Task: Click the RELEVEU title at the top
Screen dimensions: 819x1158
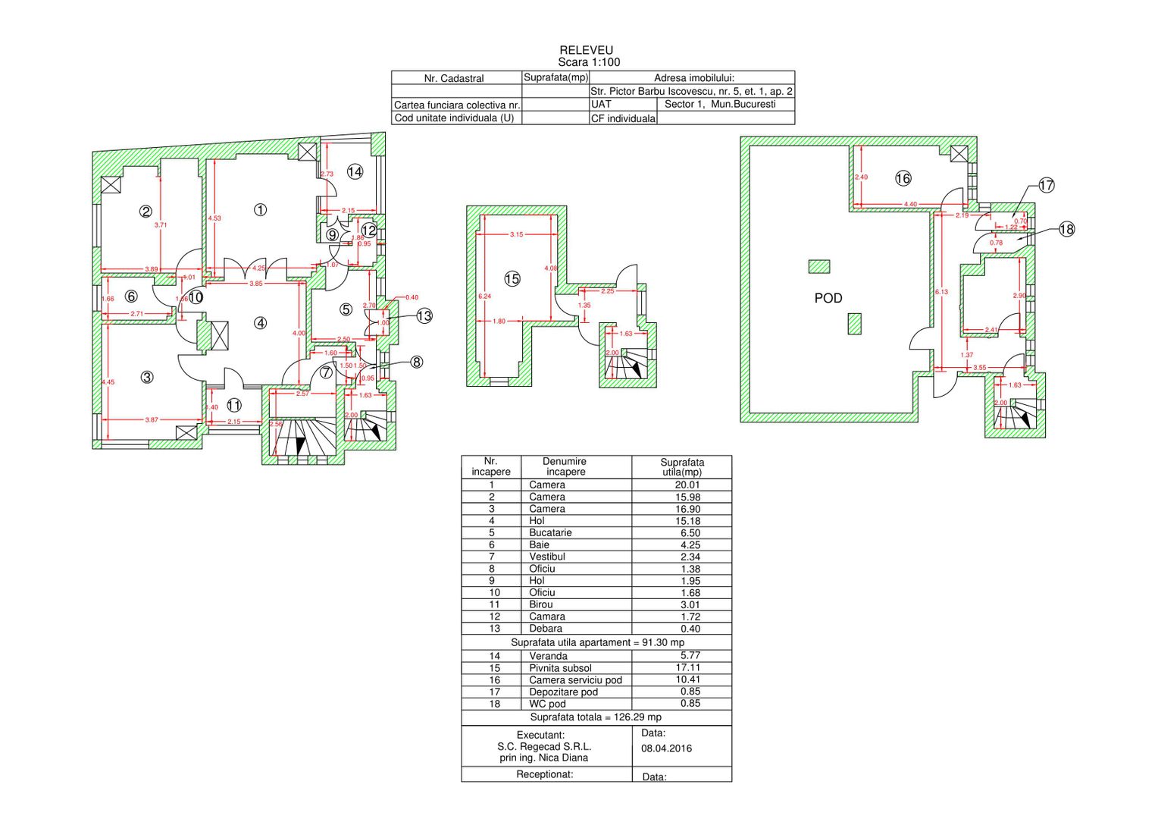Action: tap(586, 50)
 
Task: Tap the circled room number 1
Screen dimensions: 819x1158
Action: tap(260, 209)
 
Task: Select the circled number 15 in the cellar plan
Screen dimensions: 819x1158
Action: tap(512, 279)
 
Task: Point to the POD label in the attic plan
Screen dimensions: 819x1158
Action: tap(828, 298)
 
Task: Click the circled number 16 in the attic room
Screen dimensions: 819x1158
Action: tap(903, 178)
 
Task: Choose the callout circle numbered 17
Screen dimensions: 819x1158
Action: tap(1046, 185)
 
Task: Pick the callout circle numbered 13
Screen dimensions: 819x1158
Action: tap(424, 315)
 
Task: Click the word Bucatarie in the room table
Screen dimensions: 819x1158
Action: tap(550, 532)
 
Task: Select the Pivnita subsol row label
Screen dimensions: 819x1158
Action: tap(560, 668)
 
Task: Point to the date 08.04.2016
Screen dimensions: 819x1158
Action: tap(666, 748)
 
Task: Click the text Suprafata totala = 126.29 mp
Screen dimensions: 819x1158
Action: tap(596, 717)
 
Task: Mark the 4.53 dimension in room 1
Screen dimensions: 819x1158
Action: tap(214, 218)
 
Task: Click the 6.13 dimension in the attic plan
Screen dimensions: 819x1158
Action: tap(941, 292)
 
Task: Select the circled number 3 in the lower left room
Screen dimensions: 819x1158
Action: tap(147, 377)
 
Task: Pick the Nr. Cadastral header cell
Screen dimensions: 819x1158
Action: tap(454, 78)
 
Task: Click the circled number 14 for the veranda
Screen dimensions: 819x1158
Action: tap(355, 171)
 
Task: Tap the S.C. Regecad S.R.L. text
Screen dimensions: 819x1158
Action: tap(544, 746)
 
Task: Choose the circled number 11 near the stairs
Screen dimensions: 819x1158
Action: tap(234, 406)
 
